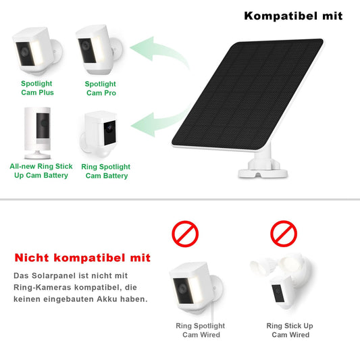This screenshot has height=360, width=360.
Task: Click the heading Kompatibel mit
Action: coord(292,16)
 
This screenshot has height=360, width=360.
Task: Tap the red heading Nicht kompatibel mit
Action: coord(83,258)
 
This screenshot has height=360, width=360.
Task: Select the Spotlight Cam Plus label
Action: coord(36,88)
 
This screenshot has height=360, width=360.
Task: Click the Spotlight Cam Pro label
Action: coord(101,88)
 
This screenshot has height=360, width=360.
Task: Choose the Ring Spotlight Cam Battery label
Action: coord(105,171)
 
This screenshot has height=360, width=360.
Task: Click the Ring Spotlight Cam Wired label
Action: coord(200,330)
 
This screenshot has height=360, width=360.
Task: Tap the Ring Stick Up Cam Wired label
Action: coord(290,330)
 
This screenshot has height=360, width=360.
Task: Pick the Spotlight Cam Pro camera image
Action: coord(99,51)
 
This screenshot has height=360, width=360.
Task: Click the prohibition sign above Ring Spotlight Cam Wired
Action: coord(185,234)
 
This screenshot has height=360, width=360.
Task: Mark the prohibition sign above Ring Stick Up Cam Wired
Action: coord(284,234)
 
